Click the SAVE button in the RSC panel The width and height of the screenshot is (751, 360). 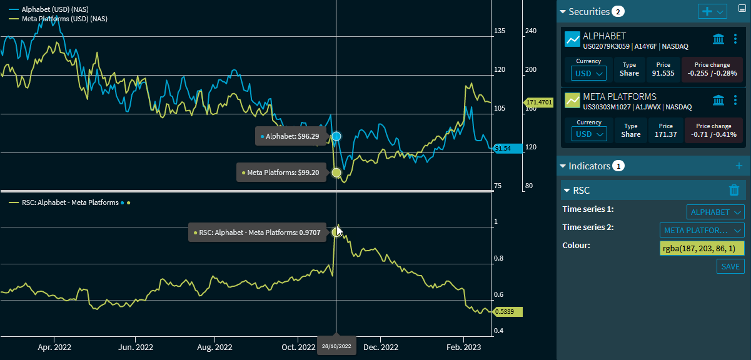coord(730,267)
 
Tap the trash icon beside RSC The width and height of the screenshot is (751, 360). coord(734,191)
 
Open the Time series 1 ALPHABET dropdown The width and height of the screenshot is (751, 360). coord(715,212)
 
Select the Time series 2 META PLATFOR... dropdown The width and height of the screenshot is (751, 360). coord(702,231)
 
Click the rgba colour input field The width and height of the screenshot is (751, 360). coord(702,249)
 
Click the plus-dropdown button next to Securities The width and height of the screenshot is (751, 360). coord(712,12)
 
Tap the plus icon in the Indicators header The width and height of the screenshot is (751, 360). coord(738,166)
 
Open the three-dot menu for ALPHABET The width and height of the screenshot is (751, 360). coord(735,39)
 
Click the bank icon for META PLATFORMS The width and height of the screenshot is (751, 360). coord(718,100)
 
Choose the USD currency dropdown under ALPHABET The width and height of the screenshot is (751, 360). coord(589,73)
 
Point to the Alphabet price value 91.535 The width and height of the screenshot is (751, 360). coord(663,73)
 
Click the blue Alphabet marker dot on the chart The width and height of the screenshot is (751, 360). coord(336,136)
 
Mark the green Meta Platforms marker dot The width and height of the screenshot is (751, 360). coord(336,172)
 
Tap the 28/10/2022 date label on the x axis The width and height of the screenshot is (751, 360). coord(336,346)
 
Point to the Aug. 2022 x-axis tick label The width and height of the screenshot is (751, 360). coord(214,347)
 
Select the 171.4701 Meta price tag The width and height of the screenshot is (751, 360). coord(538,102)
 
